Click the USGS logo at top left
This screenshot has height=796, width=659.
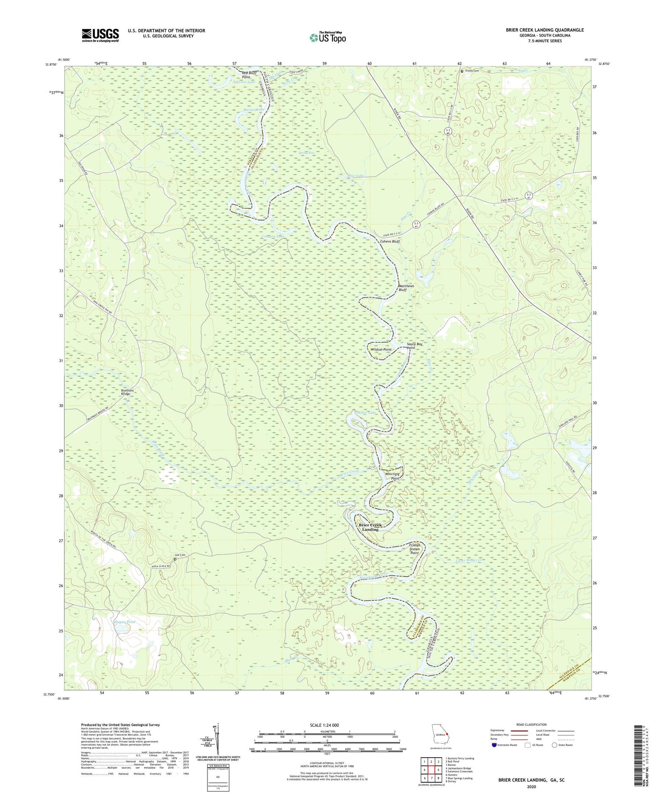click(x=100, y=35)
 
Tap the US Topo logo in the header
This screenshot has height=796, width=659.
click(x=327, y=37)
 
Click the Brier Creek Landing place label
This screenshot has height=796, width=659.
click(x=370, y=527)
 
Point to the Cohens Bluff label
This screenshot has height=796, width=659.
click(x=390, y=241)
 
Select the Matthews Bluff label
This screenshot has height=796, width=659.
click(x=406, y=288)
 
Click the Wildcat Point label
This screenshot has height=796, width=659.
click(x=381, y=350)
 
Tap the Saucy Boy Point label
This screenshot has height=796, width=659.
click(x=415, y=346)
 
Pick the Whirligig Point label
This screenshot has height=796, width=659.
click(x=392, y=476)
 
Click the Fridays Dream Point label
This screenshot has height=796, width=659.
click(x=414, y=549)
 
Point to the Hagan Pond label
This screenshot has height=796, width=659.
click(x=124, y=622)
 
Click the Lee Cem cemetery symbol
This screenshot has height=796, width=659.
click(x=175, y=559)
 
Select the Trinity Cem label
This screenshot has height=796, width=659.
click(x=472, y=71)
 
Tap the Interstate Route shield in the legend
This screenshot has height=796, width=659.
click(x=495, y=745)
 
